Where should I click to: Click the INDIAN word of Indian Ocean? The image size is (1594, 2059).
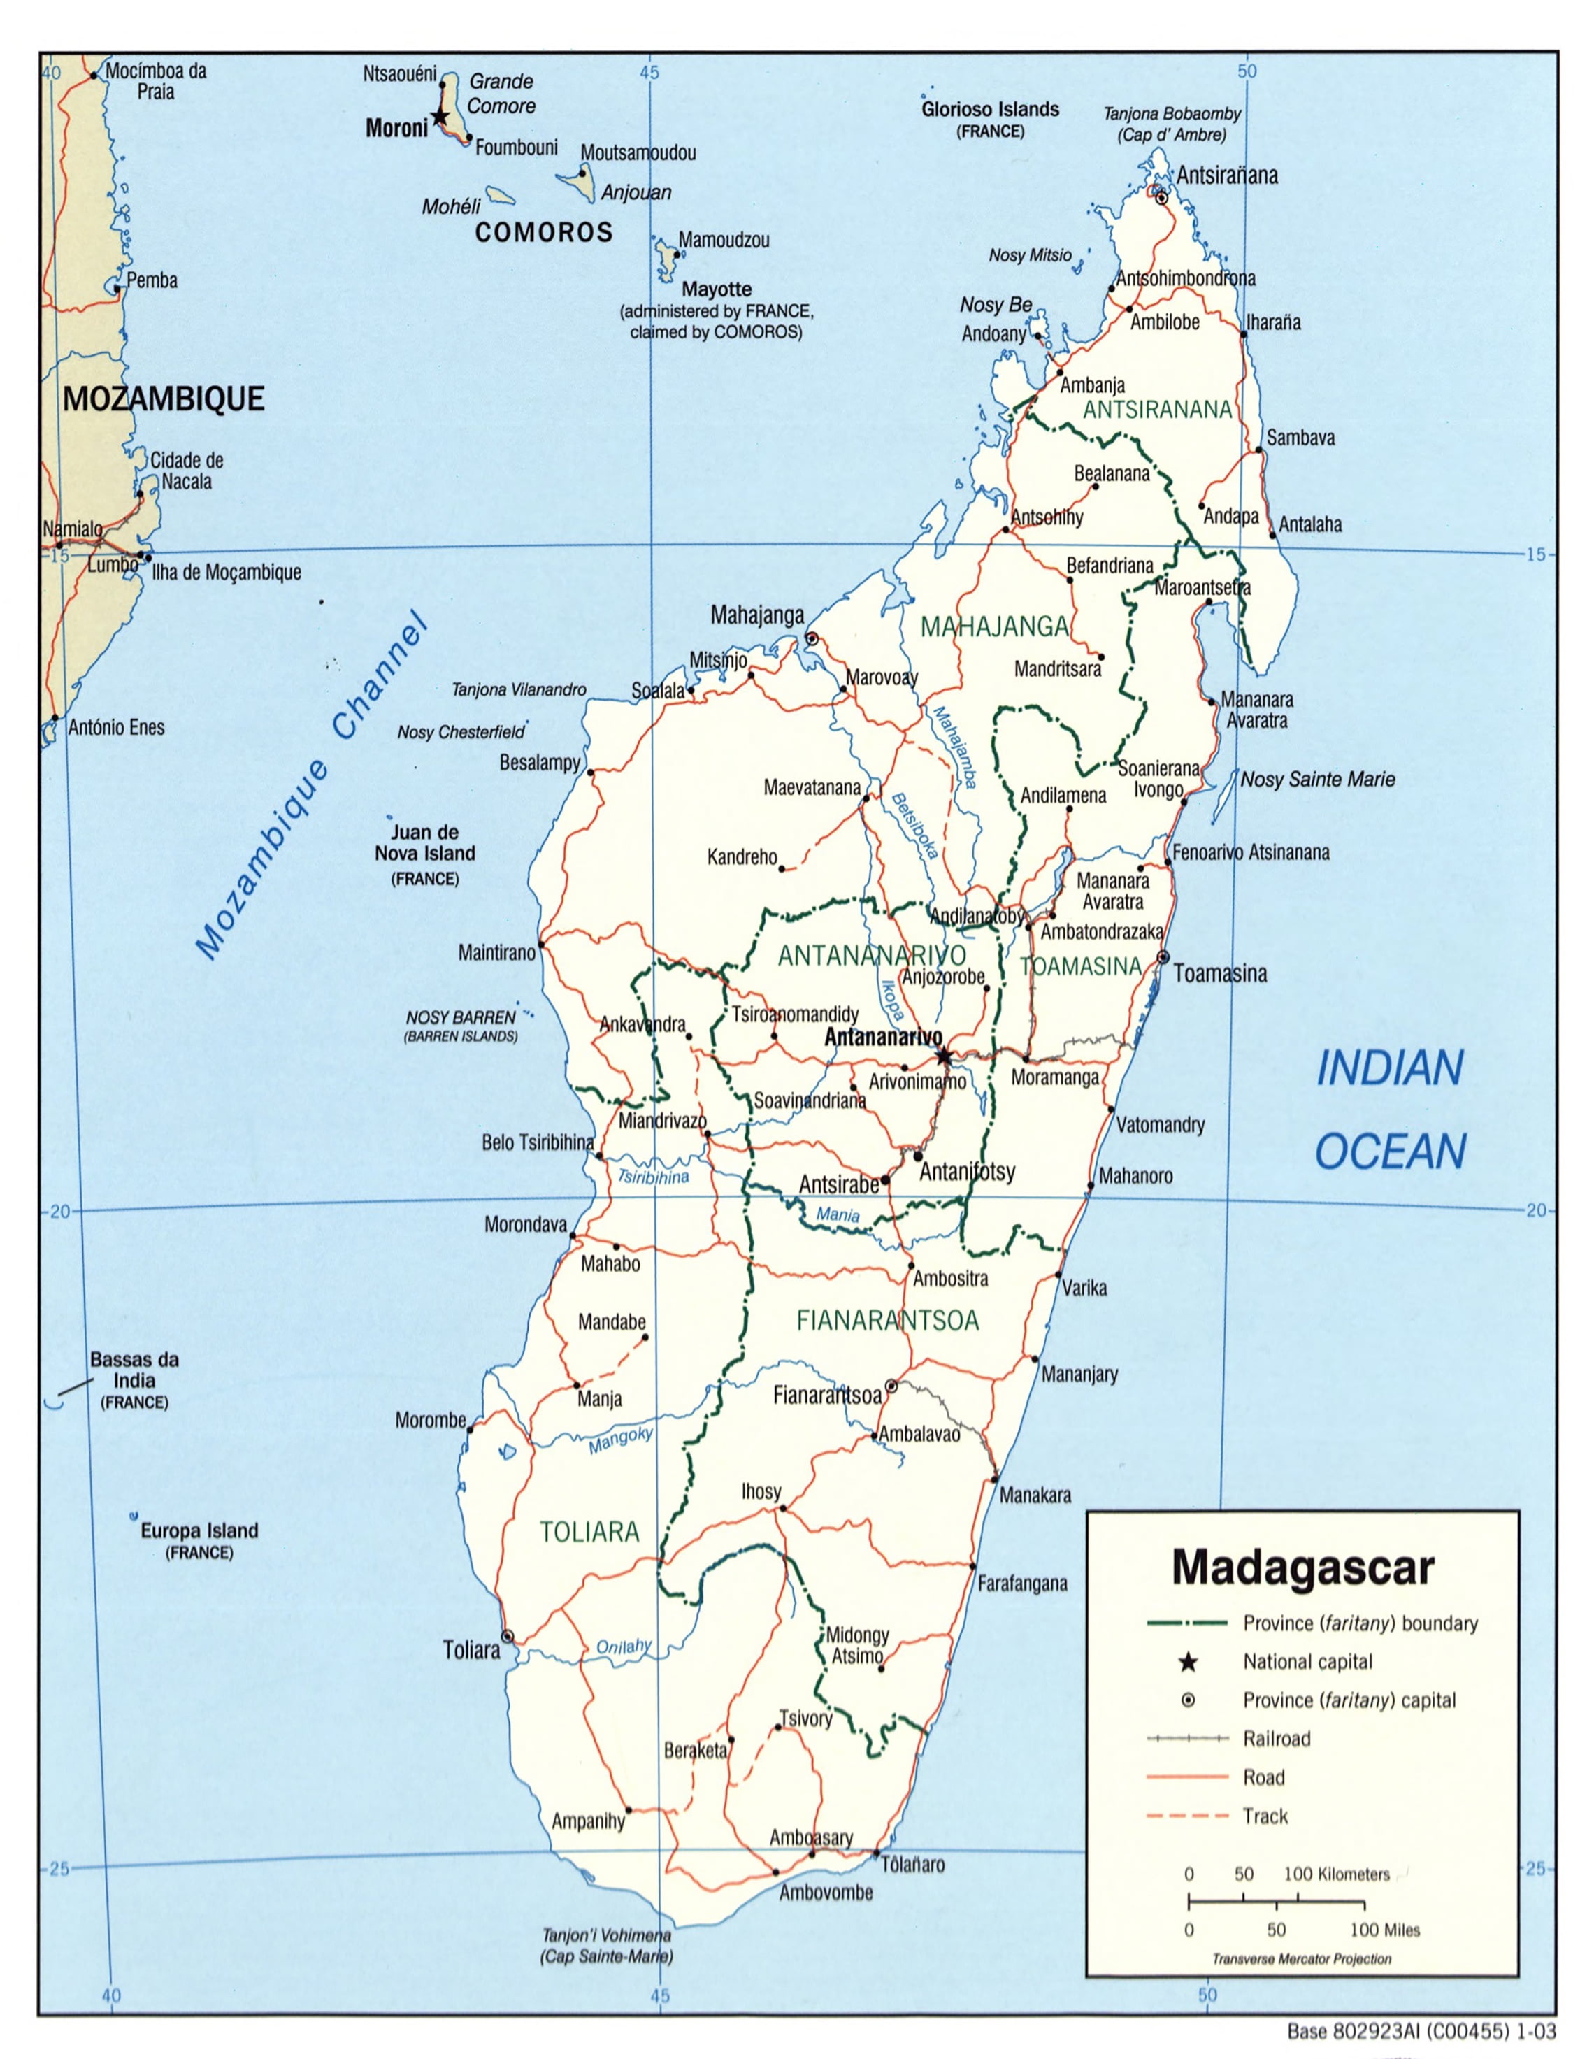[x=1388, y=1068]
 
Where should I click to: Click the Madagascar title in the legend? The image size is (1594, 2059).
[x=1302, y=1567]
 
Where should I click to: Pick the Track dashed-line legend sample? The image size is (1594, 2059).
[x=1188, y=1816]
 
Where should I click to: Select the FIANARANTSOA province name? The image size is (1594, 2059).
[x=887, y=1321]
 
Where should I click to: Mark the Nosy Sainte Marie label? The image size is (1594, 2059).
[x=1317, y=780]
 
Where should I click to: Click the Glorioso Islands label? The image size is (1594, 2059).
[x=990, y=109]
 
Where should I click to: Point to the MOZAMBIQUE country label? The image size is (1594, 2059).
[x=163, y=399]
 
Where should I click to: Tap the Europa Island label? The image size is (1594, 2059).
[x=199, y=1531]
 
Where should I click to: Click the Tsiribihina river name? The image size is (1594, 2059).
[x=653, y=1177]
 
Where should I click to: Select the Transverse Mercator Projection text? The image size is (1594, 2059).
[x=1301, y=1959]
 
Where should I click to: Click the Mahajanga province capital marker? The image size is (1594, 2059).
[x=812, y=638]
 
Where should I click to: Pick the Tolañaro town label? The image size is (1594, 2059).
[x=912, y=1864]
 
